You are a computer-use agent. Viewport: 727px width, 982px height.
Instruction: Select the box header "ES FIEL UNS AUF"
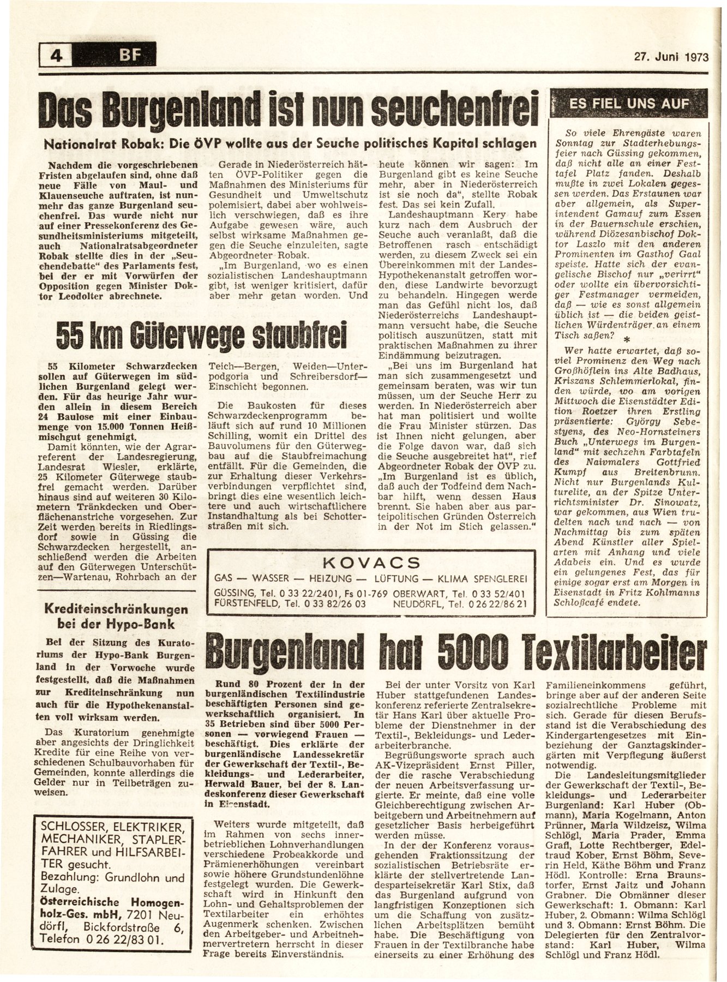[628, 104]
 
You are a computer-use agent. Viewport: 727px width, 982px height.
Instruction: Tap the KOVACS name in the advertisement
[370, 562]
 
